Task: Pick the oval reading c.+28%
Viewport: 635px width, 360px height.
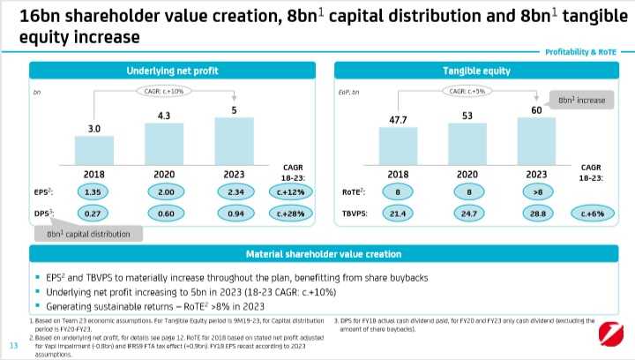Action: [x=293, y=213]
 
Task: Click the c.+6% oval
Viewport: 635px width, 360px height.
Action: [x=591, y=213]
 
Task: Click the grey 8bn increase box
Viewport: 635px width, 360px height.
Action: [x=580, y=101]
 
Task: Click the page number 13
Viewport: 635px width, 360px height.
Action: [x=13, y=344]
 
